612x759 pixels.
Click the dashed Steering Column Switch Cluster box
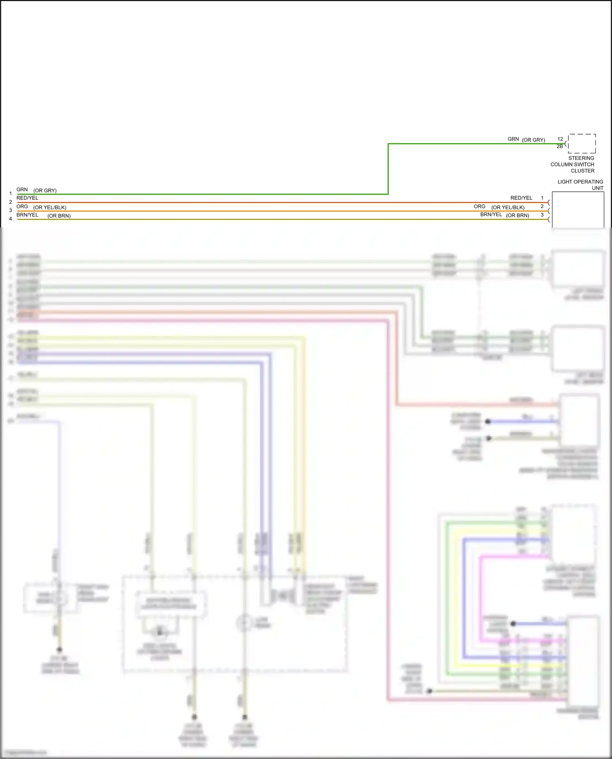point(582,143)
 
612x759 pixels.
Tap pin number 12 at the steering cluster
point(560,139)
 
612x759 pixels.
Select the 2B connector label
point(560,146)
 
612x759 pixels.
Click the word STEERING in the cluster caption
point(581,158)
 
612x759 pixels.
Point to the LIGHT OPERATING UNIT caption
point(580,185)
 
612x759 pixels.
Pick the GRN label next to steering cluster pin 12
point(513,139)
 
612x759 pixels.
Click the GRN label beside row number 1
point(22,190)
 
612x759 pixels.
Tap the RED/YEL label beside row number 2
point(27,198)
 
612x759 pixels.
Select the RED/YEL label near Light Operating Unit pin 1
point(521,198)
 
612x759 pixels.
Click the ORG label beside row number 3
point(22,206)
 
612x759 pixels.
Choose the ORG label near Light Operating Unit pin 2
point(479,206)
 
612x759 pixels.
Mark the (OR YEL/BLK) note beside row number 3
point(50,208)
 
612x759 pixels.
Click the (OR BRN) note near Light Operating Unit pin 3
point(518,215)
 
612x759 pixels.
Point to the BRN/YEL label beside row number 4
point(27,215)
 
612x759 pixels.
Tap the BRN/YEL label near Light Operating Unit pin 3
point(491,215)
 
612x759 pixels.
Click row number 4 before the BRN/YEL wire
point(11,219)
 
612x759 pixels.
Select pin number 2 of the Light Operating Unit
point(542,206)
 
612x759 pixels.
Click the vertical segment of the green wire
point(388,169)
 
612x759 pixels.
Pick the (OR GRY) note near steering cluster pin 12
point(533,140)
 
